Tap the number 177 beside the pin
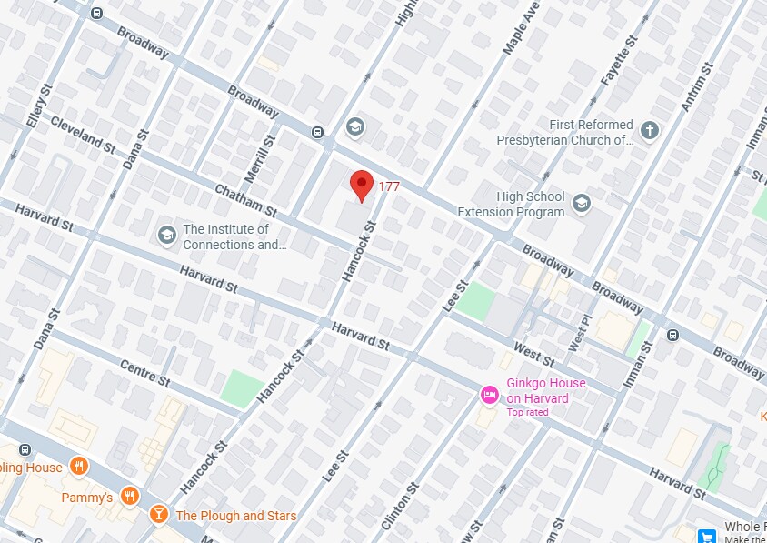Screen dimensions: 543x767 pos(389,186)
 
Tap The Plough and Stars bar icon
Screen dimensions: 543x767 pos(159,515)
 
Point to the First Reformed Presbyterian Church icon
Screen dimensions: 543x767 pos(649,131)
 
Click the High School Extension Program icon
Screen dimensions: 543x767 pos(582,204)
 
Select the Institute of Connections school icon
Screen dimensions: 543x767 pos(166,236)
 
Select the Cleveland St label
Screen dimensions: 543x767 pos(83,134)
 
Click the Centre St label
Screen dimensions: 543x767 pos(144,372)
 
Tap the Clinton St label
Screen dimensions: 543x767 pos(400,506)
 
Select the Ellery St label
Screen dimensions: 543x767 pos(36,107)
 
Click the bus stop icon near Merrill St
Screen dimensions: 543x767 pos(317,131)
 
